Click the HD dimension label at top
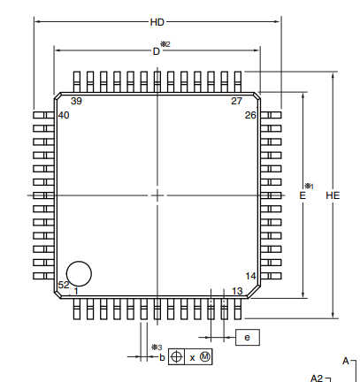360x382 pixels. click(x=157, y=22)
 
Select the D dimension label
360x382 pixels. click(x=156, y=51)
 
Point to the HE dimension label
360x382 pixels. click(x=333, y=195)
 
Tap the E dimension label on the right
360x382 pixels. click(x=303, y=195)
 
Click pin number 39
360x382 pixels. click(x=76, y=101)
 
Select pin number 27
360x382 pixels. click(x=236, y=101)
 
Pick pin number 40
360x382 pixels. click(x=64, y=116)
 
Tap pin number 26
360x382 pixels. click(x=250, y=116)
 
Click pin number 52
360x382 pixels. click(x=63, y=285)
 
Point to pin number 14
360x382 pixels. click(x=250, y=276)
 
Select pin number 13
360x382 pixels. click(x=237, y=291)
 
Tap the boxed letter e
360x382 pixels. click(x=247, y=337)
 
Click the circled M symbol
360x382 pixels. click(x=205, y=356)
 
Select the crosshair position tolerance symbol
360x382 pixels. click(x=176, y=356)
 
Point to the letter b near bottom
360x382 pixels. click(x=162, y=357)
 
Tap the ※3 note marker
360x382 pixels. click(x=156, y=347)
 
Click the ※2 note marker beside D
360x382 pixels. click(x=165, y=44)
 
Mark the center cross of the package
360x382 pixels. click(x=157, y=195)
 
